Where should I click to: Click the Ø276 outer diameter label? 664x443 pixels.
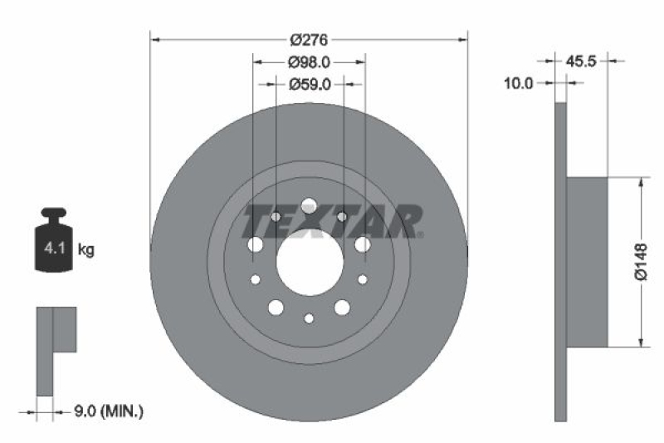(310, 39)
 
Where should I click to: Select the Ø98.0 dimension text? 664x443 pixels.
(310, 62)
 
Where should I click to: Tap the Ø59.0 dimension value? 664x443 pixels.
(310, 84)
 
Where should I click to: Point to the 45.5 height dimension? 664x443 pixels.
(581, 61)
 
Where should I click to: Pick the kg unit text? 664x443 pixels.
(85, 249)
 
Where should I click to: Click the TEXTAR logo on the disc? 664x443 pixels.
(332, 221)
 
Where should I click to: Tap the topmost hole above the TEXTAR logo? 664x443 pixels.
(309, 204)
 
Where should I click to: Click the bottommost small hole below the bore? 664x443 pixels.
(309, 318)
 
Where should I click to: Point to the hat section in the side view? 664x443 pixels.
(587, 262)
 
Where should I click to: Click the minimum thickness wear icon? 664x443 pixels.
(55, 349)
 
